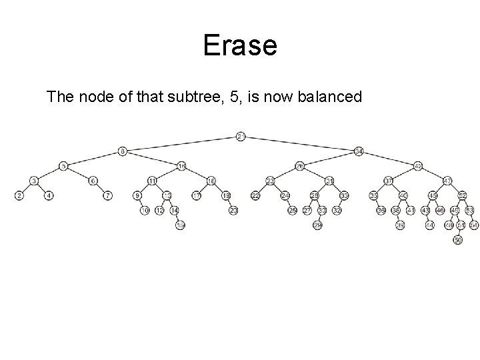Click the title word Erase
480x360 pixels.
[x=239, y=46]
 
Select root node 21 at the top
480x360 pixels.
[x=241, y=137]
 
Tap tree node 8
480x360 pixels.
[x=123, y=151]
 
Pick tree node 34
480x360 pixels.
[x=359, y=151]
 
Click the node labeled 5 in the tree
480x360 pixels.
[x=63, y=166]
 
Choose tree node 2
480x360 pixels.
[x=19, y=195]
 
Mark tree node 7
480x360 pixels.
[x=108, y=195]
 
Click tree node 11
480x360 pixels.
[x=152, y=181]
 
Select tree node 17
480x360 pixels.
[x=197, y=195]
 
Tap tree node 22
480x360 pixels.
[x=255, y=195]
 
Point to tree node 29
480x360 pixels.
[x=317, y=225]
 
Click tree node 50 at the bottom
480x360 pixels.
[x=457, y=240]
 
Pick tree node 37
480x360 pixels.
[x=389, y=181]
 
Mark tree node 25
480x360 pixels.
[x=292, y=211]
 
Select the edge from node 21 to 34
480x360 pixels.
[x=300, y=144]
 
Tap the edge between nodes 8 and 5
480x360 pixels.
[x=93, y=159]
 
